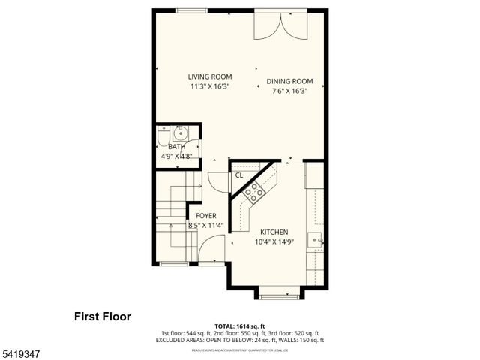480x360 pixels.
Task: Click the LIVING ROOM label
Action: [210, 76]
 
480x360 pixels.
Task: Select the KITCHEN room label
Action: [274, 232]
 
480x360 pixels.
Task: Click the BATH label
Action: [177, 147]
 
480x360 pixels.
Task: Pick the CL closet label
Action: [239, 175]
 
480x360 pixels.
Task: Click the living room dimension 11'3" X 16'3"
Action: [210, 86]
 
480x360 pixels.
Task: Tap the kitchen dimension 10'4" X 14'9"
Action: [274, 242]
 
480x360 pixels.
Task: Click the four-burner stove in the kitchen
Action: [253, 192]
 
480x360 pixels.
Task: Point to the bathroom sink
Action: [180, 134]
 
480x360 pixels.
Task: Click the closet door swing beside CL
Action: [217, 181]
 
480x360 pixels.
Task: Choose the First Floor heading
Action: [102, 316]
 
